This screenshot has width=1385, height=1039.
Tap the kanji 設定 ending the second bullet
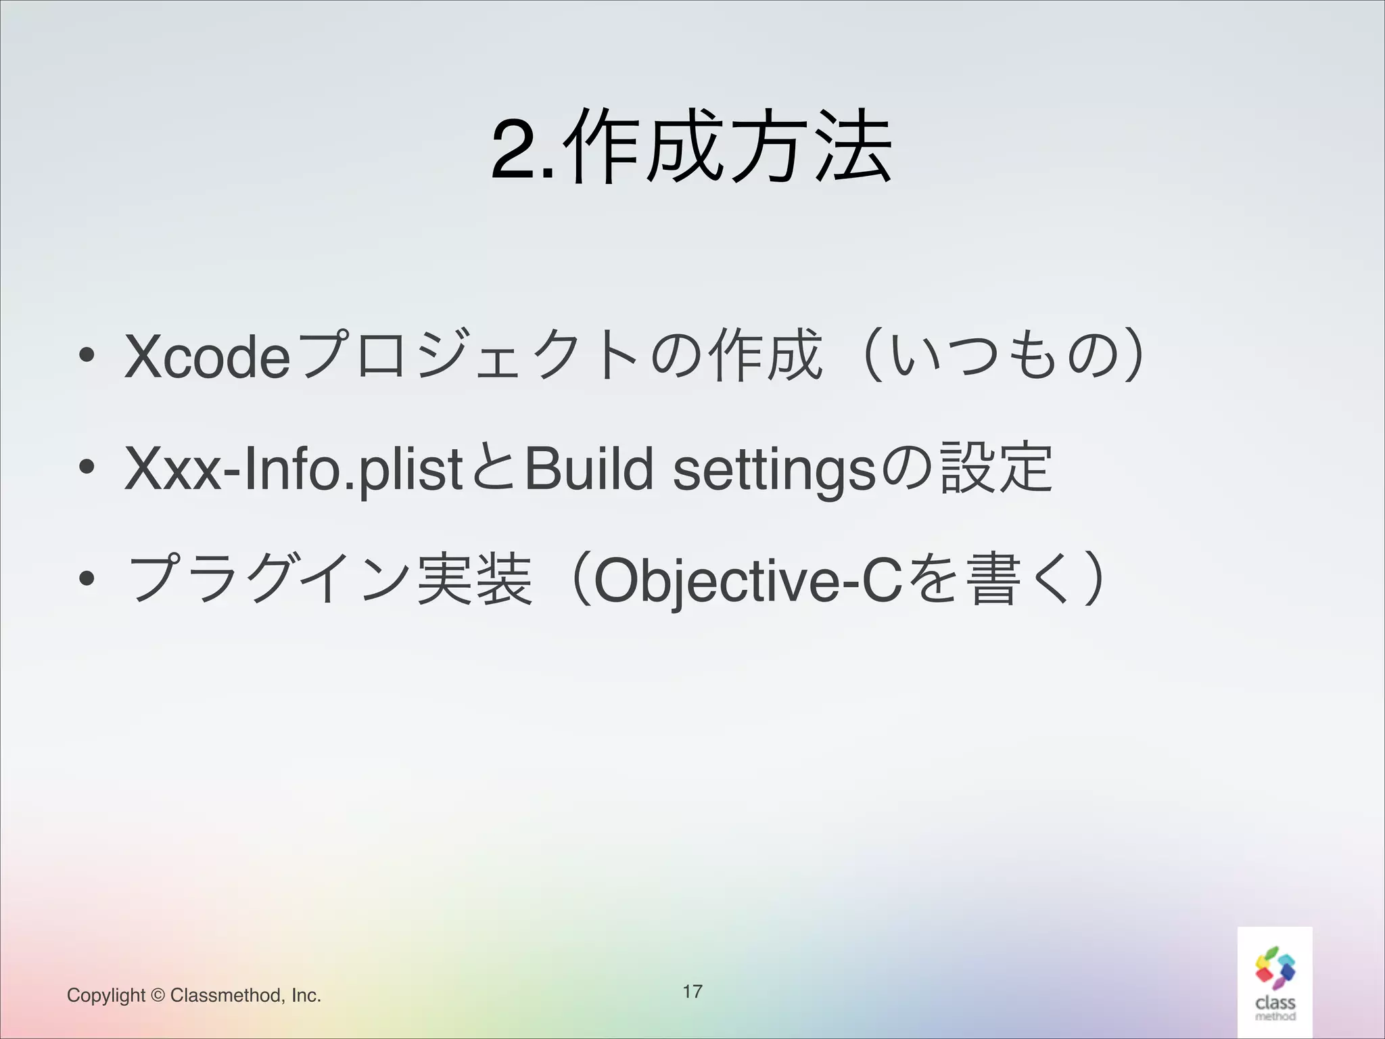pos(996,468)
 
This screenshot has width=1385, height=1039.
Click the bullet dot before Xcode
pos(86,356)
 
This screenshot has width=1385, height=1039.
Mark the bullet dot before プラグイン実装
pos(86,579)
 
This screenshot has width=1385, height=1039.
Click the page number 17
pos(692,992)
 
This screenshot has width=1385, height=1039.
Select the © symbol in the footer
pos(158,996)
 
